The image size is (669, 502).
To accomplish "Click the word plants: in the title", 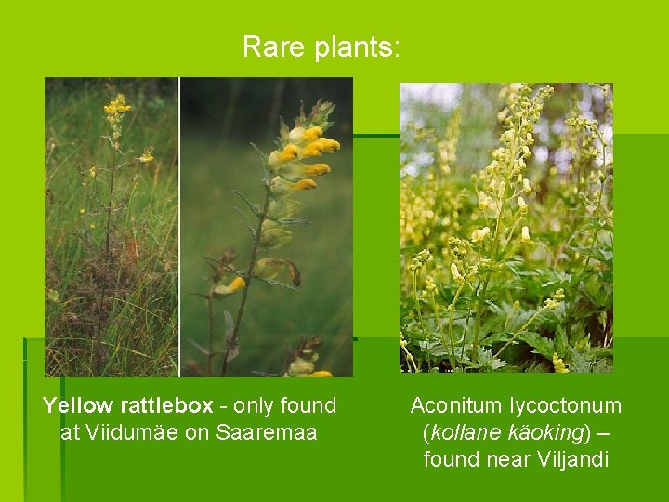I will (x=358, y=47).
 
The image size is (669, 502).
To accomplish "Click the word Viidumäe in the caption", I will (x=134, y=432).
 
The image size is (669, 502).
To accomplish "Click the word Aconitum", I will (x=457, y=406).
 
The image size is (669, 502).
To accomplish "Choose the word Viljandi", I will (x=572, y=459).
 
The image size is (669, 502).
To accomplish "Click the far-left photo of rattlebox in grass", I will (x=111, y=227).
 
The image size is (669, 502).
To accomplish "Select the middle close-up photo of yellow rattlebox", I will (x=267, y=227).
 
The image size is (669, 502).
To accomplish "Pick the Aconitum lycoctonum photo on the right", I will (x=505, y=227).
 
